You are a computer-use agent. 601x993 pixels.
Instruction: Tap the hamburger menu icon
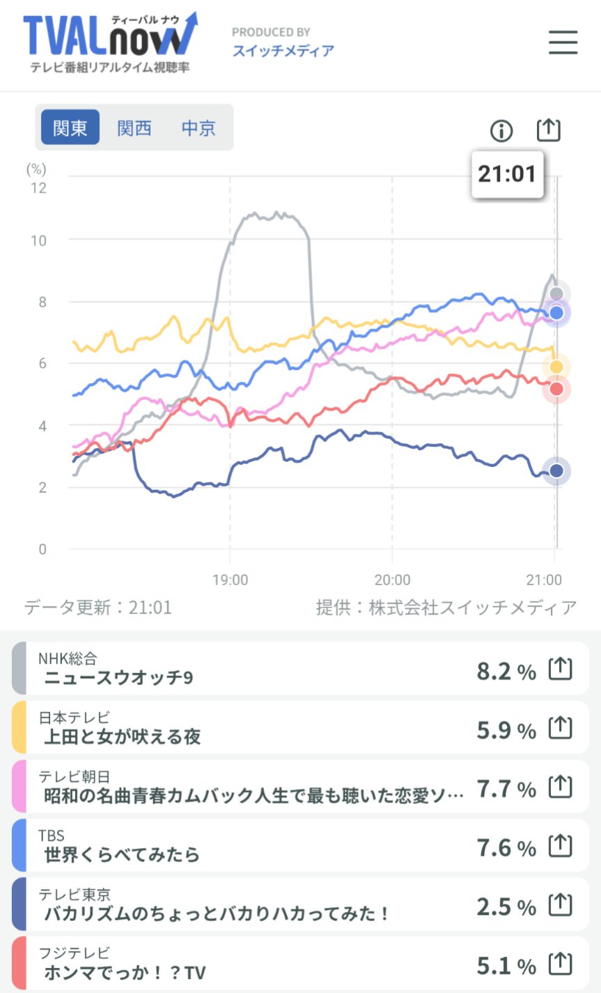[x=563, y=42]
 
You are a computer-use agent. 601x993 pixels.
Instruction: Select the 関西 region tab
[x=134, y=128]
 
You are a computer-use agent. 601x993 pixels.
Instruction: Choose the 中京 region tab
[x=198, y=128]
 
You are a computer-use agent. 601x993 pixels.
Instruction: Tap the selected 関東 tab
[x=70, y=128]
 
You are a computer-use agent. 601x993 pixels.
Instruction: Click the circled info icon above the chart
[x=501, y=130]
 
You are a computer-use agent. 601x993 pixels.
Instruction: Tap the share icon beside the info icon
[x=549, y=130]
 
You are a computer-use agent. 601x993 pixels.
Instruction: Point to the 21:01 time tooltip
[x=507, y=174]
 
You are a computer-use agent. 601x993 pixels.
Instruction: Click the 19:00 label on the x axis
[x=230, y=580]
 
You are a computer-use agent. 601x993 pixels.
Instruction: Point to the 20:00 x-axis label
[x=392, y=580]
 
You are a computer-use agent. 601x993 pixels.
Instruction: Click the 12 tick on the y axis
[x=38, y=187]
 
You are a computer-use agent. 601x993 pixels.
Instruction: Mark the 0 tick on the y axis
[x=42, y=549]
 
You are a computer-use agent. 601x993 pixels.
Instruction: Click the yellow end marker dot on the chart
[x=556, y=367]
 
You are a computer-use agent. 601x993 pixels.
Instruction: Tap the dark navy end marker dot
[x=556, y=471]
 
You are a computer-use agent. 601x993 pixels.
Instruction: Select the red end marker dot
[x=556, y=389]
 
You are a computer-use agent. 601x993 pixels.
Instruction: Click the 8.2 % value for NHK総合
[x=506, y=672]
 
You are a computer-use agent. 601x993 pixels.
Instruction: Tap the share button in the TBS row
[x=561, y=847]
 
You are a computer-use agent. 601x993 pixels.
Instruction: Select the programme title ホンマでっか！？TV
[x=125, y=972]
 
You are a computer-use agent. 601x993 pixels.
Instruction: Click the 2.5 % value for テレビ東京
[x=506, y=907]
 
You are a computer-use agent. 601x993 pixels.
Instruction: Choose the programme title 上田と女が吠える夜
[x=123, y=737]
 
